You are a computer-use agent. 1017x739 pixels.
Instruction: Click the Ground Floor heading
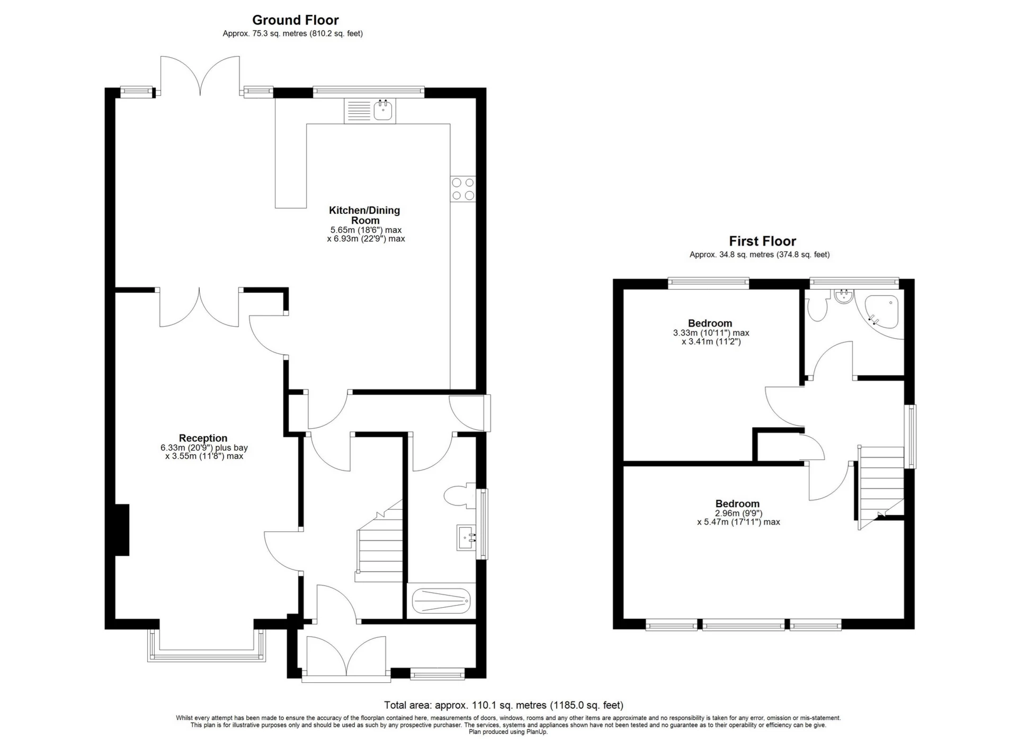(x=295, y=20)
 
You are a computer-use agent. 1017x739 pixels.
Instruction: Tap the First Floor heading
(x=762, y=241)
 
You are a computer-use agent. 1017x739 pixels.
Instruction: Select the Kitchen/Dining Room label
(x=364, y=215)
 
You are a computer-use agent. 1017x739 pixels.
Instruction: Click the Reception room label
(x=203, y=438)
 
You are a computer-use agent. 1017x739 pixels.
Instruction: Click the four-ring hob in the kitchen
(x=463, y=189)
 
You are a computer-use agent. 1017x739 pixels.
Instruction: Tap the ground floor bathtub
(x=441, y=601)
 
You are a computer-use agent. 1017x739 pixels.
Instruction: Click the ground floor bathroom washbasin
(x=466, y=538)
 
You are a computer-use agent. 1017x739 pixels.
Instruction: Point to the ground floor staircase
(x=379, y=540)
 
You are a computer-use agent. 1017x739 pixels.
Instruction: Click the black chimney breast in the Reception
(x=122, y=530)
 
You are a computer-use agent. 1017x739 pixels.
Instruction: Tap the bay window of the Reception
(x=207, y=646)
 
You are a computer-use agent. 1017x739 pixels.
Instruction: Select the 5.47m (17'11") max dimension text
(x=738, y=522)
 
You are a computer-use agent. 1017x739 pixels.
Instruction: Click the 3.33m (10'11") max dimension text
(x=711, y=333)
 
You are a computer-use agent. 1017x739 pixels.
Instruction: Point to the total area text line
(x=504, y=705)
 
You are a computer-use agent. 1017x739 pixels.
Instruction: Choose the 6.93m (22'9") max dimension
(x=366, y=239)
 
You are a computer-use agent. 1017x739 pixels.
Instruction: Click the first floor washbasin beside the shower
(x=842, y=296)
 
